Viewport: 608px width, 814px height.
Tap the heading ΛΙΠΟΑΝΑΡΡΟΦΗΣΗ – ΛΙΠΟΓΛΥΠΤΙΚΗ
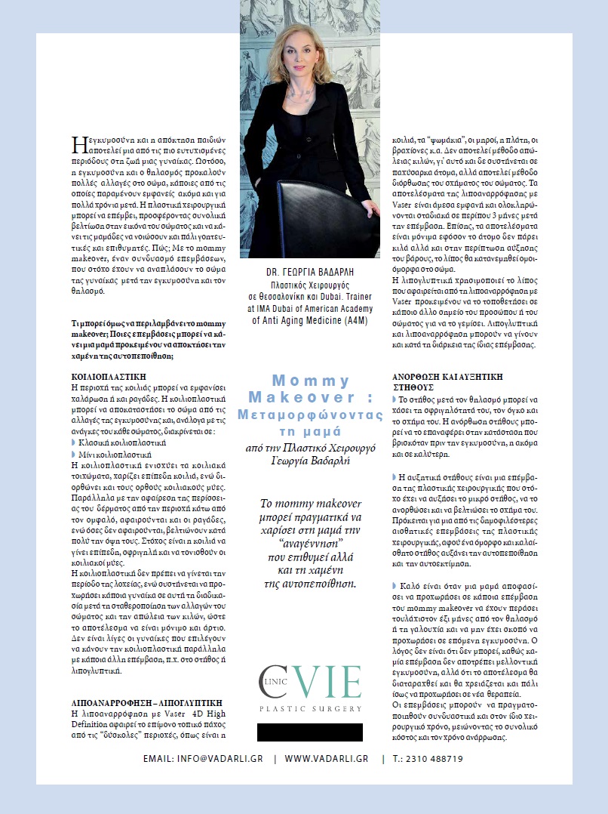[x=128, y=702]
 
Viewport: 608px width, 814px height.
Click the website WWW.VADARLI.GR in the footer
[x=327, y=759]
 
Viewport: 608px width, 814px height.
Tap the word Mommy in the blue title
[x=311, y=381]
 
